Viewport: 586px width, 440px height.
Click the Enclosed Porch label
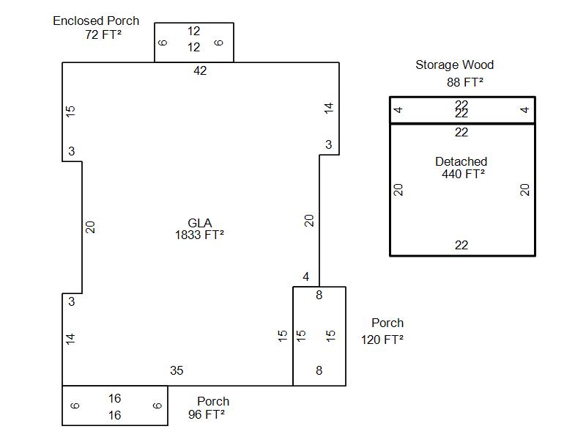point(95,21)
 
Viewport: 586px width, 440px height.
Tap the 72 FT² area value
point(103,34)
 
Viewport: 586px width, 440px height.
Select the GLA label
point(199,223)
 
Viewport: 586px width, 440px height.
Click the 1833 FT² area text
point(199,235)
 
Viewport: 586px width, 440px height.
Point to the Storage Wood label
point(454,65)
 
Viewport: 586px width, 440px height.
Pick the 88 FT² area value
point(465,82)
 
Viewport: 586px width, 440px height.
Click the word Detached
point(461,161)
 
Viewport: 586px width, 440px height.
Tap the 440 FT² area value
point(463,175)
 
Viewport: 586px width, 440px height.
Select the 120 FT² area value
point(382,340)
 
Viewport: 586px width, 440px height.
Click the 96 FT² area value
point(207,414)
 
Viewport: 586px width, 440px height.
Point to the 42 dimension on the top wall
point(200,71)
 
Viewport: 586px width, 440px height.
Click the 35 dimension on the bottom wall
point(177,371)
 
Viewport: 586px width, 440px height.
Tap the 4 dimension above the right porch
point(306,277)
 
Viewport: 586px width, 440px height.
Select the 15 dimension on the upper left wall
point(71,111)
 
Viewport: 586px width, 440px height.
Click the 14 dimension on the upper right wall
point(329,108)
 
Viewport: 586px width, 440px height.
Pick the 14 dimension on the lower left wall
point(71,338)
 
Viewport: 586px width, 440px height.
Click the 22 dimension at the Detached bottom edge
point(461,246)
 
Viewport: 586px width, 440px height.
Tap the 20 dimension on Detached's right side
point(524,190)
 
